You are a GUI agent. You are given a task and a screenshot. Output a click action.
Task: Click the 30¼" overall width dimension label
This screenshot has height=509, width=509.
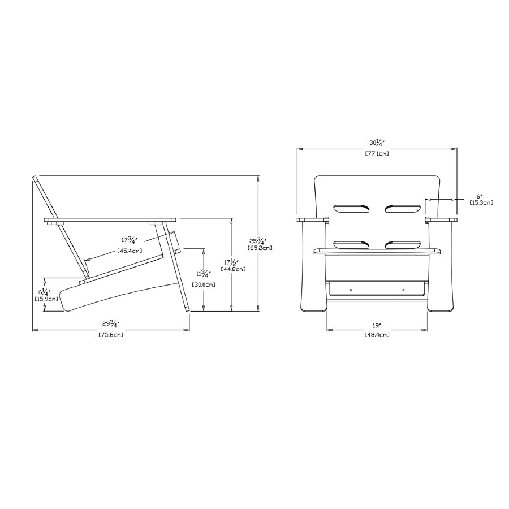point(377,143)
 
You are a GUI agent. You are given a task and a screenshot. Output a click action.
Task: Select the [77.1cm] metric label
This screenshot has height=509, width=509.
point(377,153)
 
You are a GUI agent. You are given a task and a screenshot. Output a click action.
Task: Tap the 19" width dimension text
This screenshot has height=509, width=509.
point(377,325)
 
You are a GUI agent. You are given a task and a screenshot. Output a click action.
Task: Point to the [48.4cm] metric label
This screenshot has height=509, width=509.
point(377,334)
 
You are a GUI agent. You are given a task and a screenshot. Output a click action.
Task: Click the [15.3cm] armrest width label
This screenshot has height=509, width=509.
point(481,202)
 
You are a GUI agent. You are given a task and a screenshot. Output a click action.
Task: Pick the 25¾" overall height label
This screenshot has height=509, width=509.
point(258,241)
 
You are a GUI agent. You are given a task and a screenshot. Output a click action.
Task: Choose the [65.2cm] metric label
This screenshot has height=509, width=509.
point(260,248)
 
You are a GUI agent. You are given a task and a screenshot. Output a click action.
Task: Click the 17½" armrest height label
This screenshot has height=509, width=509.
point(231,262)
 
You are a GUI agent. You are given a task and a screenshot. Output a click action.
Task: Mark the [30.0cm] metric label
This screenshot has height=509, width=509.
point(203,284)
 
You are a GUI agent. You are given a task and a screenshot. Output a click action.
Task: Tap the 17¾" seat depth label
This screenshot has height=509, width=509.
point(130,240)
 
